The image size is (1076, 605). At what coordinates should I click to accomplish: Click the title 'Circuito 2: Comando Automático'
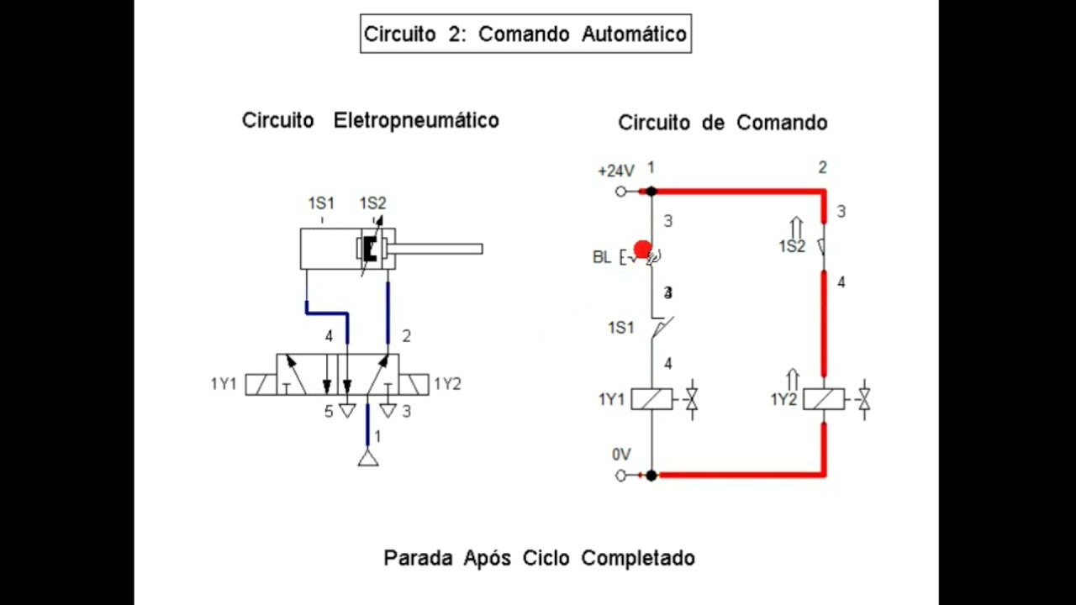pyautogui.click(x=525, y=34)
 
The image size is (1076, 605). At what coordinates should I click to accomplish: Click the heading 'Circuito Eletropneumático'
pyautogui.click(x=370, y=120)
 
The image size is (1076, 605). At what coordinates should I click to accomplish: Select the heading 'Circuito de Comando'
pyautogui.click(x=722, y=123)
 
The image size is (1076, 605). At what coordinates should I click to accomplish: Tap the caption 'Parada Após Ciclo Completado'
pyautogui.click(x=539, y=558)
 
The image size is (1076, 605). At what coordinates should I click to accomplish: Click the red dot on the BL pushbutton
pyautogui.click(x=642, y=250)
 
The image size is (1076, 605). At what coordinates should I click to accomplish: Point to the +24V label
pyautogui.click(x=615, y=171)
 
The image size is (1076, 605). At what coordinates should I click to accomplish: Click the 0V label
pyautogui.click(x=621, y=455)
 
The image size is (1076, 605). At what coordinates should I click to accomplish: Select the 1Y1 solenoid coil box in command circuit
pyautogui.click(x=651, y=399)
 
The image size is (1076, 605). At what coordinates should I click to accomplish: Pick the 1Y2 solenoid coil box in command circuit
pyautogui.click(x=824, y=399)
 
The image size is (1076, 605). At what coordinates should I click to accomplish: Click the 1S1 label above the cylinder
pyautogui.click(x=321, y=203)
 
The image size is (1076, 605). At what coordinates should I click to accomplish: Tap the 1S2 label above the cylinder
pyautogui.click(x=372, y=203)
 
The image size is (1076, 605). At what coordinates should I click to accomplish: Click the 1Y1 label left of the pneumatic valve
pyautogui.click(x=224, y=384)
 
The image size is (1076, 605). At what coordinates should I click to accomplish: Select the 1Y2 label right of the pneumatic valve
pyautogui.click(x=447, y=384)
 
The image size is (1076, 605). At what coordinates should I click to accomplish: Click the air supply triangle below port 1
pyautogui.click(x=367, y=458)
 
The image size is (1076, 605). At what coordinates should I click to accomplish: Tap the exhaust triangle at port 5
pyautogui.click(x=347, y=411)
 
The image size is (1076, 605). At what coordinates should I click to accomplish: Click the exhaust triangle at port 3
pyautogui.click(x=388, y=411)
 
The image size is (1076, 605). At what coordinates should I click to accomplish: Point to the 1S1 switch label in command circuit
pyautogui.click(x=620, y=328)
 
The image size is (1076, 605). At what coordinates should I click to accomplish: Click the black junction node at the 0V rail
pyautogui.click(x=651, y=476)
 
